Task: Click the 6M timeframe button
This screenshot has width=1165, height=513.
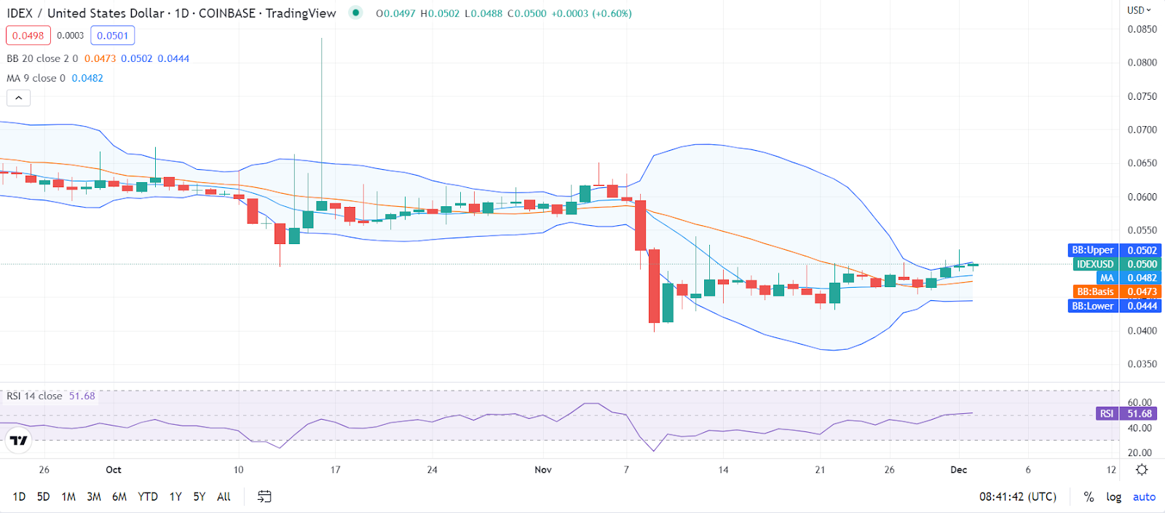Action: [119, 496]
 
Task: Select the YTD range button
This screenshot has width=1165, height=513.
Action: [148, 496]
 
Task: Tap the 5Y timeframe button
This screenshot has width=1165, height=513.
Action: [199, 496]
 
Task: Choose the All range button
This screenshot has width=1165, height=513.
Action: [224, 496]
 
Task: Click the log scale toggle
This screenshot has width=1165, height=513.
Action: [1113, 496]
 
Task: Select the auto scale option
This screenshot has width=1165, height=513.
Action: [1144, 496]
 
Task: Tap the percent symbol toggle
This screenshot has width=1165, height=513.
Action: [1089, 496]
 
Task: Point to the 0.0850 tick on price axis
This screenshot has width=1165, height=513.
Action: [1142, 29]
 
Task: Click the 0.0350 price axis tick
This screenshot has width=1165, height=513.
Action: [1142, 364]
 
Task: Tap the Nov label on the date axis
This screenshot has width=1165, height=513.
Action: [543, 469]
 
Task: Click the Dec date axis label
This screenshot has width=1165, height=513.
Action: [959, 469]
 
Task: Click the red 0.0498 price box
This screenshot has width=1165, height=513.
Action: [28, 36]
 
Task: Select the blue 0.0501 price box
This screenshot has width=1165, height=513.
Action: [113, 36]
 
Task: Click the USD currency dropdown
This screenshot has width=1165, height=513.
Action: [1139, 10]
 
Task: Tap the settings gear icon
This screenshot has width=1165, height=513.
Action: [1142, 469]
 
